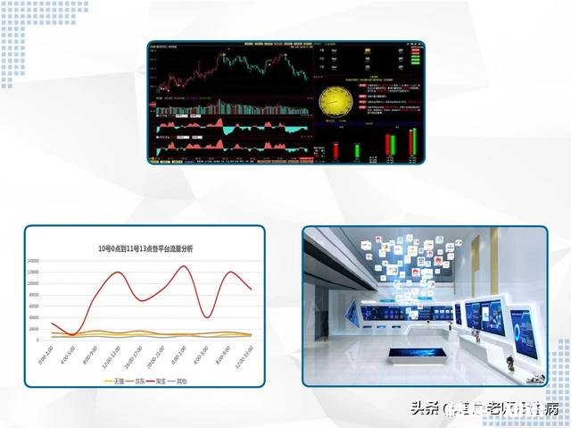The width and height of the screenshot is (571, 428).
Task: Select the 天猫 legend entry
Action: point(112,380)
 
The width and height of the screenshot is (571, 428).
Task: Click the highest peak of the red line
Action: point(185,265)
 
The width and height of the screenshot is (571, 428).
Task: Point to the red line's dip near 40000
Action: point(207,317)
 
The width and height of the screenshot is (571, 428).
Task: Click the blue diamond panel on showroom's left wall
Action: point(353,313)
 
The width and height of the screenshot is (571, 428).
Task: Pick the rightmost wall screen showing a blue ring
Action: point(524,329)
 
